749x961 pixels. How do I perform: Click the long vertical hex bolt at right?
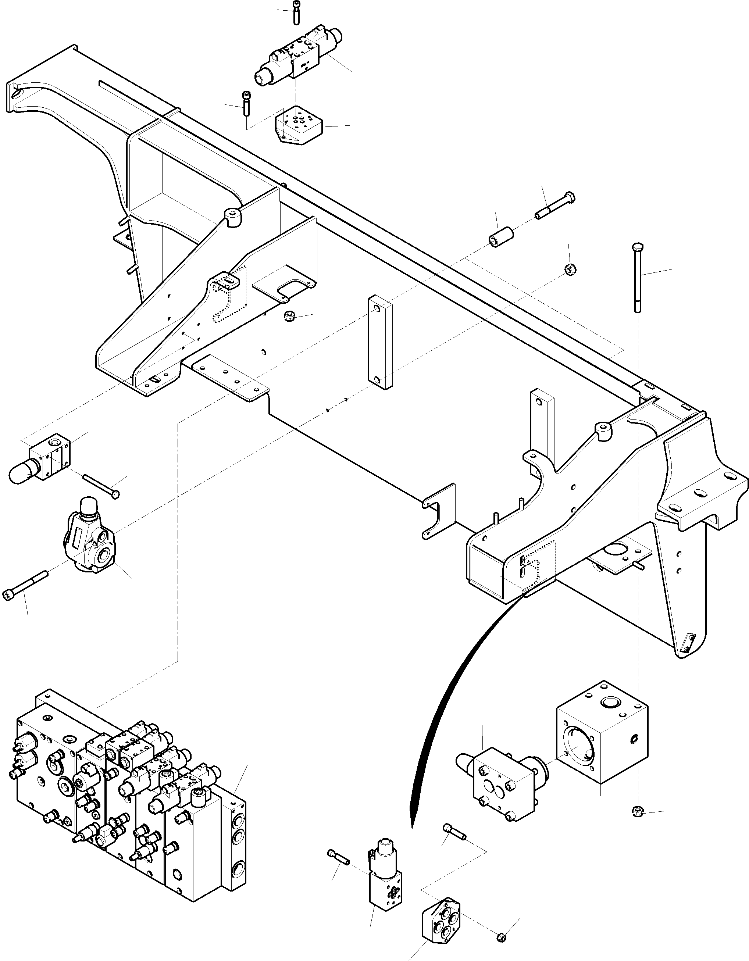(x=638, y=277)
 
